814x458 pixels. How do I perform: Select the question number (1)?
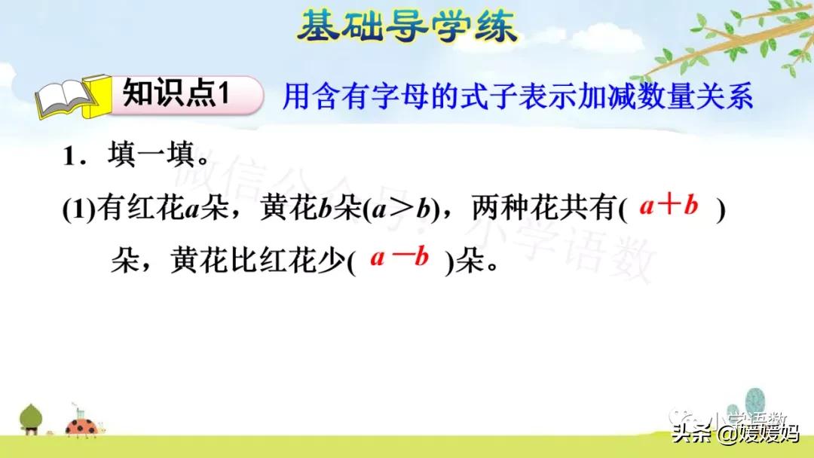coord(78,209)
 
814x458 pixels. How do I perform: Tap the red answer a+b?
coord(669,206)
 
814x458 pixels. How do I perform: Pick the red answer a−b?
coord(399,258)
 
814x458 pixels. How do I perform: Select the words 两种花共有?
coord(543,209)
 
